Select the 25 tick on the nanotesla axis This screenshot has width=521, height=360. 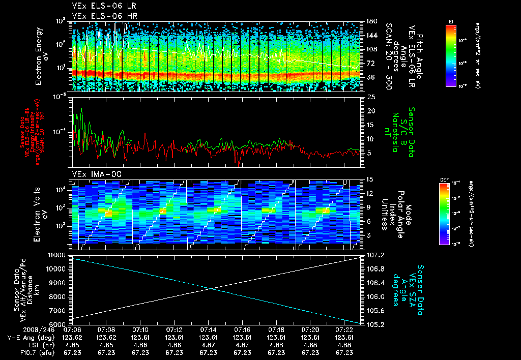click(x=370, y=96)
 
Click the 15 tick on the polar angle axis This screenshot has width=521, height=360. click(x=370, y=179)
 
